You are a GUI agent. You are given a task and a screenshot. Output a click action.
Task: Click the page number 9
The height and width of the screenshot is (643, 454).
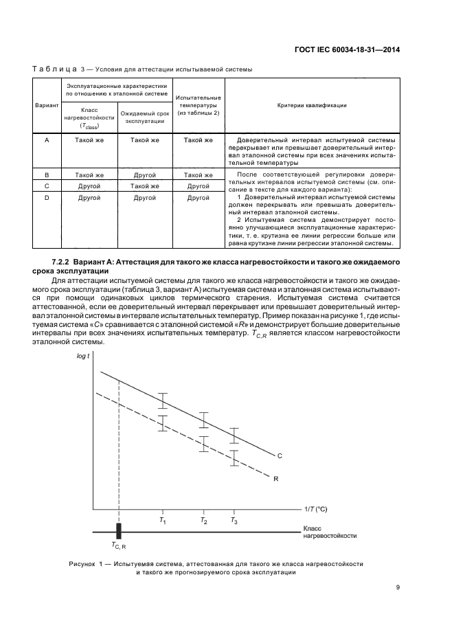coord(398,587)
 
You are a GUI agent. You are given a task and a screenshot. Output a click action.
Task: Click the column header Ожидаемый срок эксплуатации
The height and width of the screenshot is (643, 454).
coord(144,117)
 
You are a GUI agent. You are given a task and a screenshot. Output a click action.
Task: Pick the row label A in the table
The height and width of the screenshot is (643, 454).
coord(46,140)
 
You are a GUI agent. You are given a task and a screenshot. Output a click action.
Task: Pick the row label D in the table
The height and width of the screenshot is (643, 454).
coord(46,198)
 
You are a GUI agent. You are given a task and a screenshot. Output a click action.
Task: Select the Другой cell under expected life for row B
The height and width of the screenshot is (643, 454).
coord(144,175)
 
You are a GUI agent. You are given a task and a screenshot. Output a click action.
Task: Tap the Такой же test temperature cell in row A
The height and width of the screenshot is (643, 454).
coord(198,140)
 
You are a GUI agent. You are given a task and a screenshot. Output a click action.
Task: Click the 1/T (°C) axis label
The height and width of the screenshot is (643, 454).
coord(316,508)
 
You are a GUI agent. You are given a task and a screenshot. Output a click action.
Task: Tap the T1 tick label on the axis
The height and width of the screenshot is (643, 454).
coord(163,521)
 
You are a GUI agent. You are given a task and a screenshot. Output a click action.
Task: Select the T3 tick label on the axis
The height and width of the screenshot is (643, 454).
coord(234,521)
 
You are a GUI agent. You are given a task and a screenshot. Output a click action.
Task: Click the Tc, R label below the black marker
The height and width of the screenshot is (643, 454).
coord(118,545)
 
